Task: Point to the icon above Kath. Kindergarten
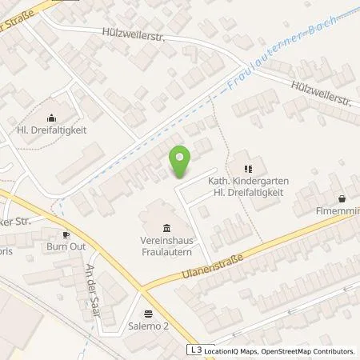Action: [x=247, y=169]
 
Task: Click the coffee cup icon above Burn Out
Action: [x=66, y=234]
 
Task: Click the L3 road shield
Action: [x=194, y=350]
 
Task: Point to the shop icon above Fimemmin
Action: [x=342, y=198]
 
